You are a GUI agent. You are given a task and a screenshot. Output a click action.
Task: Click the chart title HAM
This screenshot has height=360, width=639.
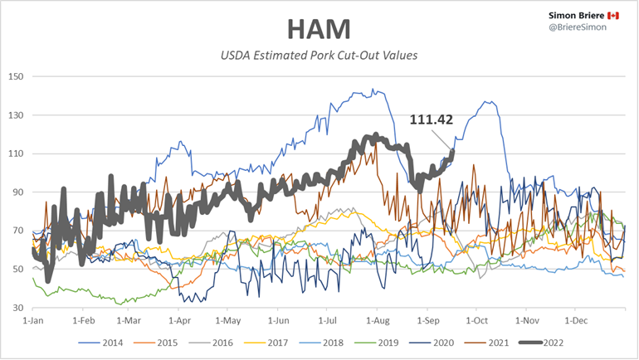tap(319, 29)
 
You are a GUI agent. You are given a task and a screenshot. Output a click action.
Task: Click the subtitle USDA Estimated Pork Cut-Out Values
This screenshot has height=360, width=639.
tap(319, 56)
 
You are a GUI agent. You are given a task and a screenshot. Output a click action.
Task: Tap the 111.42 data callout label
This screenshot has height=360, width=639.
tap(432, 119)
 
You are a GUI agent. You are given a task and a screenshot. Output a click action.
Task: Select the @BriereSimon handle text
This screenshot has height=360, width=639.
tap(578, 29)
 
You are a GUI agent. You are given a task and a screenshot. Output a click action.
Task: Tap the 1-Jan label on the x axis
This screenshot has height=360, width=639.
tap(33, 319)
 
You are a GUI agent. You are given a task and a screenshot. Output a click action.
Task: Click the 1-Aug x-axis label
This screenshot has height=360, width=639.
tap(378, 319)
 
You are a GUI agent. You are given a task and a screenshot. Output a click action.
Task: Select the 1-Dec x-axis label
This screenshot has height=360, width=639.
tap(575, 319)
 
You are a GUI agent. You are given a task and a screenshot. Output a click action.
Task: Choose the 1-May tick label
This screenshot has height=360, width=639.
tap(227, 319)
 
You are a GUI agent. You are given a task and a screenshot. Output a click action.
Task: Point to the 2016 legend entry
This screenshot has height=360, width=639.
tap(219, 342)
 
